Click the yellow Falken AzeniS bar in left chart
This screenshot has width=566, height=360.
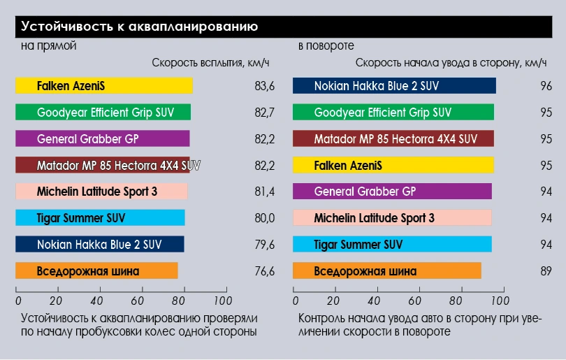pyautogui.click(x=104, y=86)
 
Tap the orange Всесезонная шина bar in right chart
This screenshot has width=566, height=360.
pyautogui.click(x=386, y=271)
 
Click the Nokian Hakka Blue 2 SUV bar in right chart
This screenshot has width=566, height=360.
pyautogui.click(x=394, y=86)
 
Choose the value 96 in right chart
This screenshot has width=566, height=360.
pyautogui.click(x=546, y=86)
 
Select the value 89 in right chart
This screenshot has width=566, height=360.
pyautogui.click(x=546, y=271)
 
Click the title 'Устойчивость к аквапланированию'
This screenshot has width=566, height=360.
pyautogui.click(x=140, y=27)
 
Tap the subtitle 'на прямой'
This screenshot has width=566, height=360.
pyautogui.click(x=48, y=46)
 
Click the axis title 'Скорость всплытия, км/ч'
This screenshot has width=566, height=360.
pyautogui.click(x=210, y=63)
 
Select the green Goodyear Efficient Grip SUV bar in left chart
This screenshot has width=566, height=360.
pyautogui.click(x=103, y=112)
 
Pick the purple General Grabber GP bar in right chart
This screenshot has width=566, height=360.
pyautogui.click(x=392, y=192)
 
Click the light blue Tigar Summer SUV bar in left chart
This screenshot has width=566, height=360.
pyautogui.click(x=101, y=218)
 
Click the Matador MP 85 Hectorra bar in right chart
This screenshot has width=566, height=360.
pyautogui.click(x=393, y=138)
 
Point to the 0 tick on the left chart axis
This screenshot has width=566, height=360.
pyautogui.click(x=18, y=301)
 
